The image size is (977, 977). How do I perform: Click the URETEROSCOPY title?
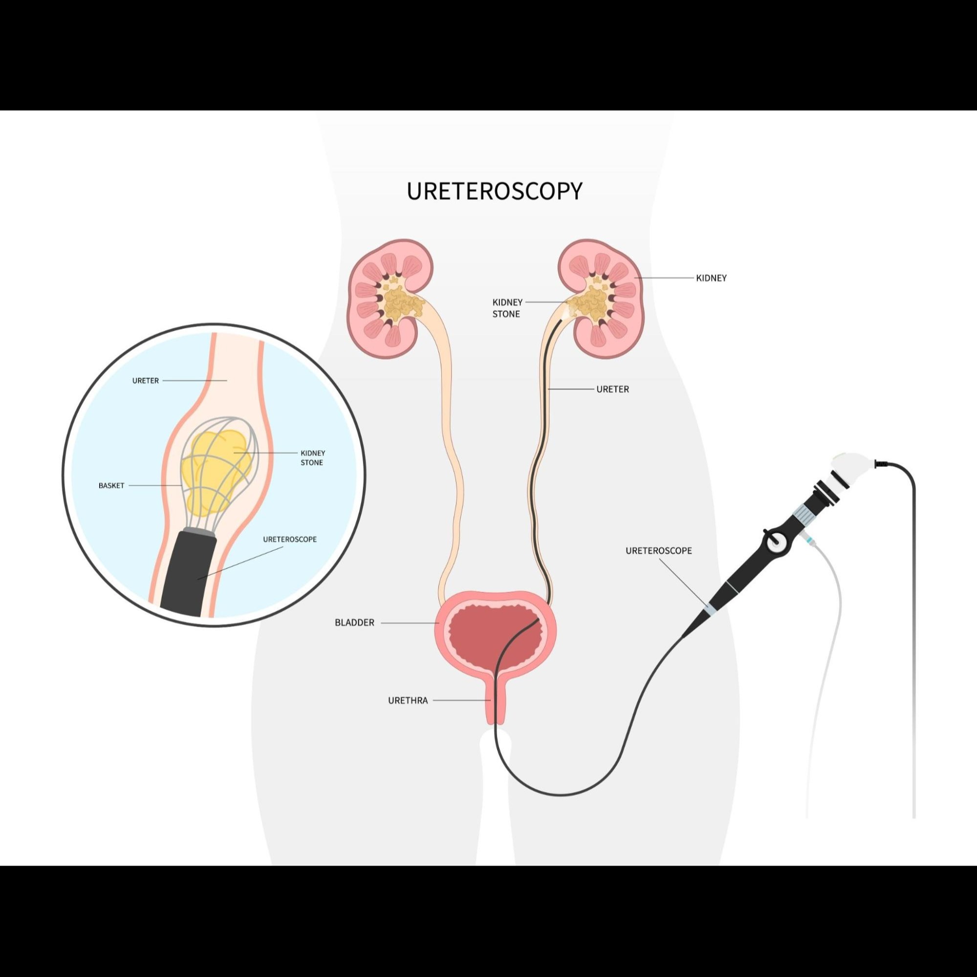pyautogui.click(x=494, y=191)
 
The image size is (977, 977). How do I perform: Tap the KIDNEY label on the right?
pyautogui.click(x=711, y=278)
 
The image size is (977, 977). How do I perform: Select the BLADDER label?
pyautogui.click(x=354, y=623)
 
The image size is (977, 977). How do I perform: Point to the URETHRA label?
pyautogui.click(x=408, y=701)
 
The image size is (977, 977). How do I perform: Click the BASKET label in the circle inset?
pyautogui.click(x=111, y=486)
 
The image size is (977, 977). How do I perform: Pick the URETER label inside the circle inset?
pyautogui.click(x=145, y=381)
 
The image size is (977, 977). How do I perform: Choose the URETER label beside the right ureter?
pyautogui.click(x=612, y=390)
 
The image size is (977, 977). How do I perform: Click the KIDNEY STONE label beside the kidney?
pyautogui.click(x=507, y=308)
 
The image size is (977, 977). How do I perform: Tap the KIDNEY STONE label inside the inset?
pyautogui.click(x=312, y=457)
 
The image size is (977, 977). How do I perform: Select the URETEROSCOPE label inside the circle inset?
pyautogui.click(x=290, y=540)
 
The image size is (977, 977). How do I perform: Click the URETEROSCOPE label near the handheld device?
pyautogui.click(x=658, y=551)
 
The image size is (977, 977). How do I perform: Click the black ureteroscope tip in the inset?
pyautogui.click(x=190, y=571)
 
